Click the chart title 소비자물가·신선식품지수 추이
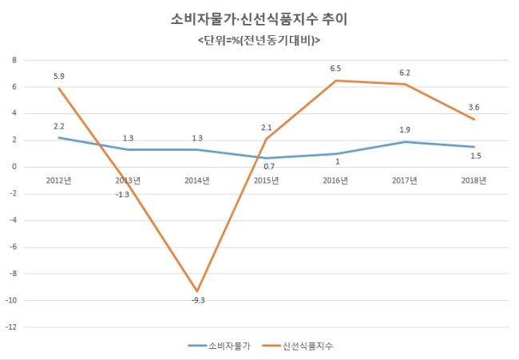point(259,19)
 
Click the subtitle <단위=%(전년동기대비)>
point(259,41)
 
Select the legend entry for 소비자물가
point(220,346)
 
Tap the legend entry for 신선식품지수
point(298,346)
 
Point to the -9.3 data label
point(198,300)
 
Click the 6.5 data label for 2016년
point(335,69)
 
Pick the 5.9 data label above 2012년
point(59,77)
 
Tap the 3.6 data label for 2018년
point(473,107)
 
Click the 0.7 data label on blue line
point(269,167)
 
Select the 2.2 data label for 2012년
point(59,126)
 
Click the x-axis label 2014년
point(197,180)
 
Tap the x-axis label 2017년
point(405,180)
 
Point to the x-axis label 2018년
point(473,180)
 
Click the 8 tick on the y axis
point(14,60)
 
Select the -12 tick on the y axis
point(11,327)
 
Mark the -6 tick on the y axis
point(13,247)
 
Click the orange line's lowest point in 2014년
point(197,291)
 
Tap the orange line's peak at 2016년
point(335,81)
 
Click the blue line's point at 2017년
point(405,142)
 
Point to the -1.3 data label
point(122,195)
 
